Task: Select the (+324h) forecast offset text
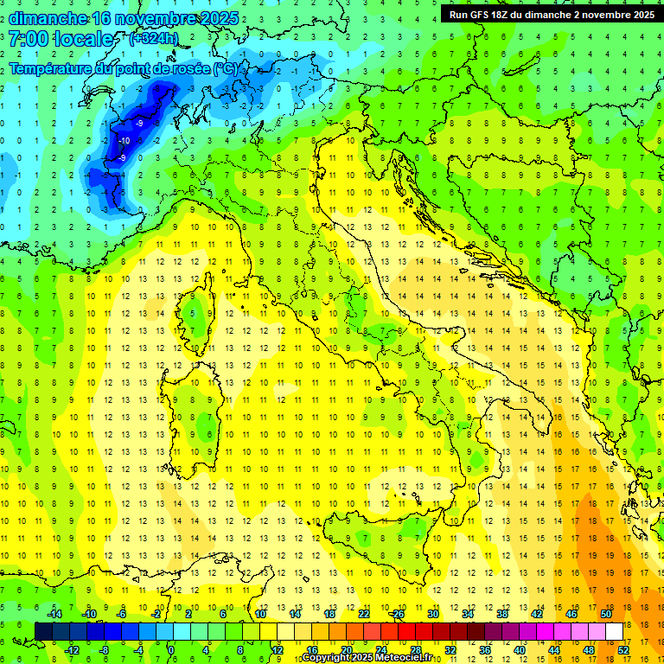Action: [153, 39]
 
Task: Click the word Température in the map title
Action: [51, 68]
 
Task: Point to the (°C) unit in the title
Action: [224, 68]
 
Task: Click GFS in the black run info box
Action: [482, 15]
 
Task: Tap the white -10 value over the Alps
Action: [124, 141]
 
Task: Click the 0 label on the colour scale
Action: [170, 649]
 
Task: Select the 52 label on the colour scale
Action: [623, 649]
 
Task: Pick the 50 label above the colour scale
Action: [605, 614]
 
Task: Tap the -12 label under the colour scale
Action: [72, 649]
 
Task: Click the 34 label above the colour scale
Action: [467, 614]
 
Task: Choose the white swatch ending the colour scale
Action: [614, 631]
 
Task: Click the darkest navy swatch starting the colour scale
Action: [43, 631]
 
